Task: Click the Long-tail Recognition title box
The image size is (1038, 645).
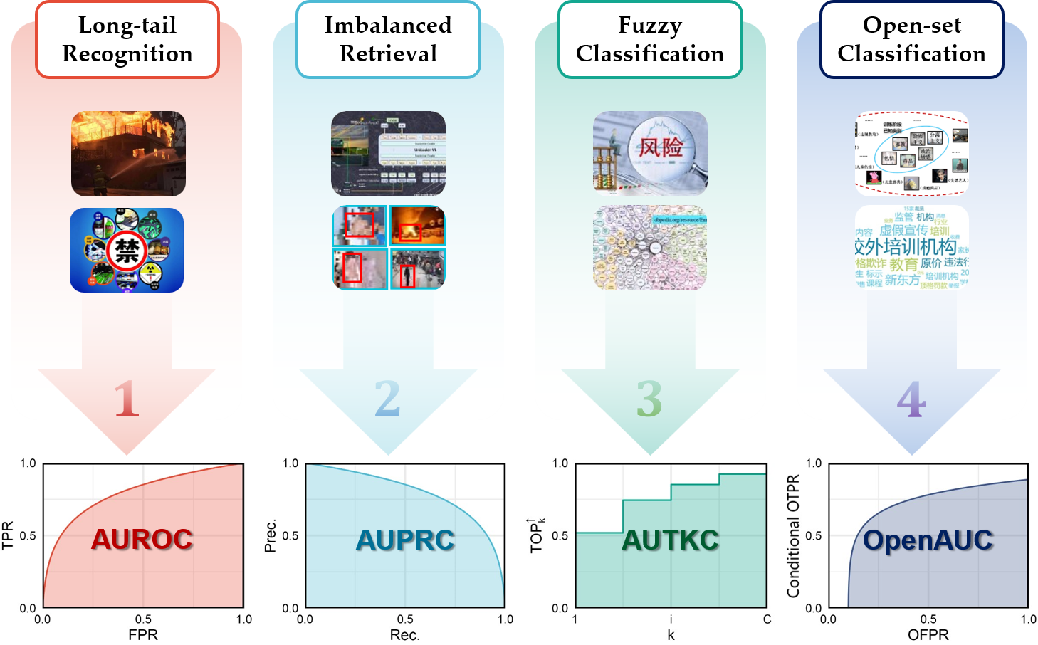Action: point(127,40)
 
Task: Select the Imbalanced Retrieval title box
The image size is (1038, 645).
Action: point(388,40)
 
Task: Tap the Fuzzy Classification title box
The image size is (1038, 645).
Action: point(650,40)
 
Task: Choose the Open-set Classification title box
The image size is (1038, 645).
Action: point(912,40)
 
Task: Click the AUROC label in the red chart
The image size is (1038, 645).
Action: point(142,540)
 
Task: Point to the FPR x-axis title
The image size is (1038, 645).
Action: point(143,635)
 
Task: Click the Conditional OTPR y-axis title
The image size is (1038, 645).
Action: point(794,536)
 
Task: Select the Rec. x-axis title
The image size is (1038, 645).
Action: point(405,635)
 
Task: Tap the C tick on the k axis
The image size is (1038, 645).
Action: point(767,619)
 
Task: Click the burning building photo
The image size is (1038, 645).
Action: point(128,154)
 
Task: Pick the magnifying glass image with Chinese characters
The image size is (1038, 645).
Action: point(650,153)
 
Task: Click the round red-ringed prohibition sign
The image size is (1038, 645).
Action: point(127,251)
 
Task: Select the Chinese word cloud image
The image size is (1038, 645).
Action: point(912,248)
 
